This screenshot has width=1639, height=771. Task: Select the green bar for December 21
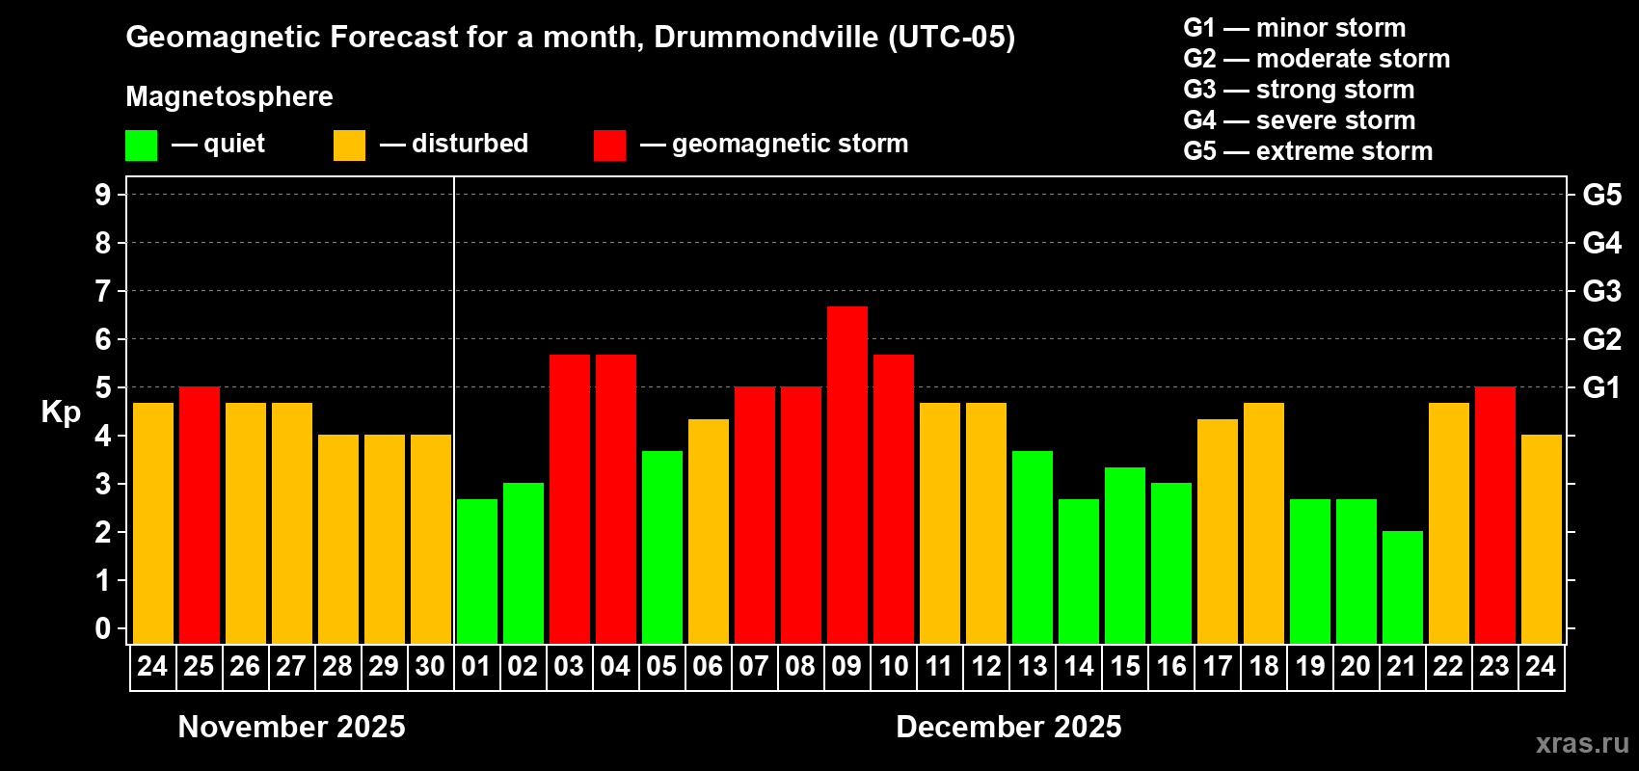pos(1403,587)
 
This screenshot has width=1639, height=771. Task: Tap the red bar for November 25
pos(200,515)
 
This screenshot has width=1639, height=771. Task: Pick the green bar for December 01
pos(477,571)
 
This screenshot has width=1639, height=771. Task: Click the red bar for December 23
pos(1495,515)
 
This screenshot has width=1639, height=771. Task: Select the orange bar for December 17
pos(1218,531)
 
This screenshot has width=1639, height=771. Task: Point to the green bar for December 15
pos(1125,555)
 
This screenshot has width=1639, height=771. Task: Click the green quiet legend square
pos(142,146)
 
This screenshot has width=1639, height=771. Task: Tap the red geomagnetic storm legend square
pos(609,146)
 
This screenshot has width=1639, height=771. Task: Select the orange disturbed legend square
pos(349,146)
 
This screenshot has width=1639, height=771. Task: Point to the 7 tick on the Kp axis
pos(103,291)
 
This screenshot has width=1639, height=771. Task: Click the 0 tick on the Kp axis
pos(103,629)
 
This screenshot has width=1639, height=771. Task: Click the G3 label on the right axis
pos(1601,291)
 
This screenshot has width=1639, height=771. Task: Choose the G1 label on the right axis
pos(1601,387)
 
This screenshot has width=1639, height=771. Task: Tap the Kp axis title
pos(61,412)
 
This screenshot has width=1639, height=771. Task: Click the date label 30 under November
pos(430,666)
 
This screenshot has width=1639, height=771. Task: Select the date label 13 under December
pos(1033,666)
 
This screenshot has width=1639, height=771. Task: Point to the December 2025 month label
pos(1008,727)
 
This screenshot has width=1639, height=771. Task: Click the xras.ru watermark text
pos(1582,742)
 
